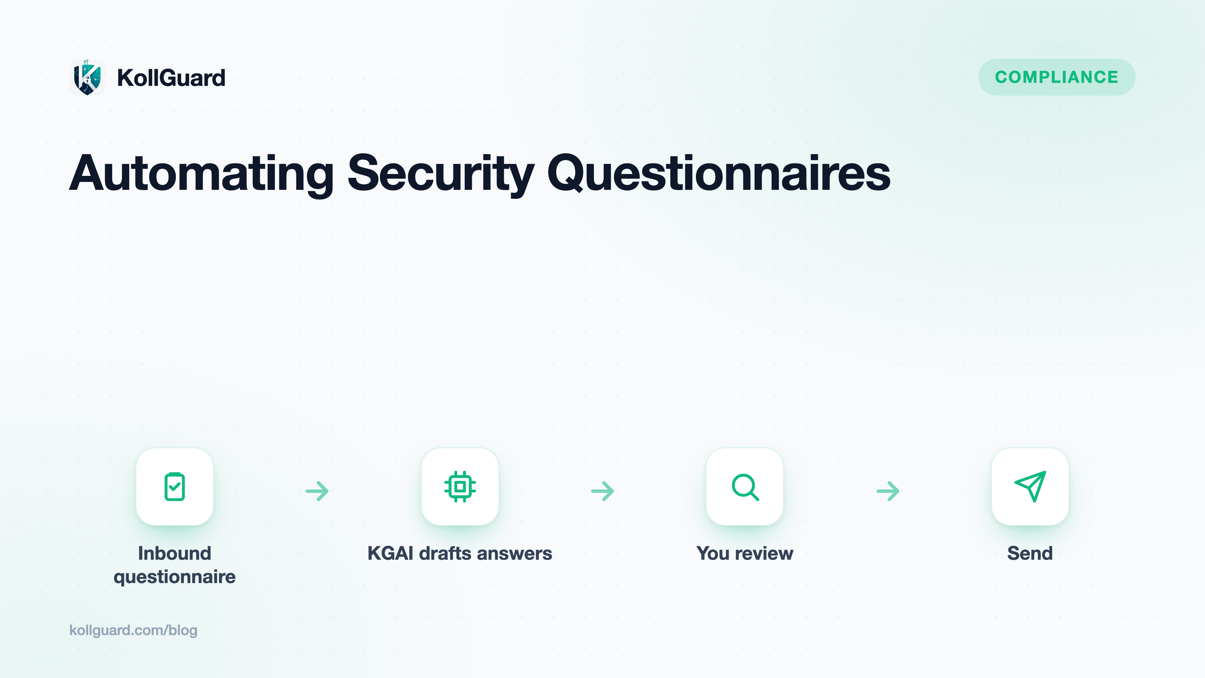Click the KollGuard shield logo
pyautogui.click(x=87, y=78)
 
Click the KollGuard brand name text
pyautogui.click(x=171, y=78)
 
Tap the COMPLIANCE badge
pyautogui.click(x=1057, y=77)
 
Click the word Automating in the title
pyautogui.click(x=201, y=174)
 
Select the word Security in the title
pyautogui.click(x=441, y=174)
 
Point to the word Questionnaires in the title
pyautogui.click(x=719, y=174)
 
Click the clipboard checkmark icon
pyautogui.click(x=174, y=487)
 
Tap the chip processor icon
pyautogui.click(x=460, y=487)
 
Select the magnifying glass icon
pyautogui.click(x=745, y=487)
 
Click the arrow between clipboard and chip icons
pyautogui.click(x=317, y=491)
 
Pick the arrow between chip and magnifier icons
pyautogui.click(x=602, y=491)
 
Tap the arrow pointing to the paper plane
pyautogui.click(x=888, y=491)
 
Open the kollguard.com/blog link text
pyautogui.click(x=133, y=630)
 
